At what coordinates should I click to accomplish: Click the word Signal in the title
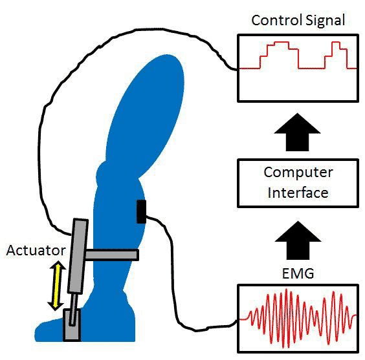[326, 21]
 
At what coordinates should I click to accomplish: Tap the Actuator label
[36, 250]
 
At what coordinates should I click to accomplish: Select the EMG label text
[298, 273]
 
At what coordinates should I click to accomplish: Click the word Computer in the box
[298, 173]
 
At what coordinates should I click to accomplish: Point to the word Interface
[298, 193]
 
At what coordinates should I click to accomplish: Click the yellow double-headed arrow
[56, 286]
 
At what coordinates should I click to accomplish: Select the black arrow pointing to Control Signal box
[297, 132]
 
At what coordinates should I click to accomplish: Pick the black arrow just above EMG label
[298, 240]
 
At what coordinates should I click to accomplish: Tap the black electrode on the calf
[141, 211]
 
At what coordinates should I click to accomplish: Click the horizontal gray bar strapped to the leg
[112, 255]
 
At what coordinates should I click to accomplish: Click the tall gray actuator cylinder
[78, 256]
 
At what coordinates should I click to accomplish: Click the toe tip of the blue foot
[36, 335]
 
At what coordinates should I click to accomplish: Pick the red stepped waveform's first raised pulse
[280, 55]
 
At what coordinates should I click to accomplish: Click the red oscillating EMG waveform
[298, 319]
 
